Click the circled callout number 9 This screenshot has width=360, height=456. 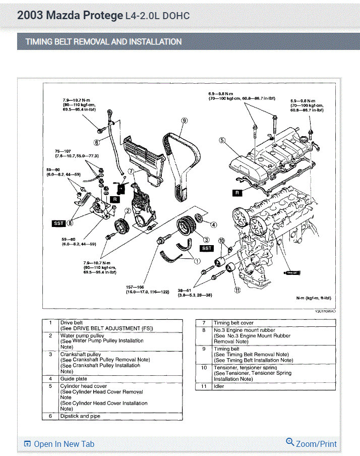[x=185, y=121]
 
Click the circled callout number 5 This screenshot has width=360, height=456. [x=222, y=141]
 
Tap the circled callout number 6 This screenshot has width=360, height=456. [x=96, y=142]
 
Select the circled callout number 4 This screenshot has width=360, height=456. [x=213, y=224]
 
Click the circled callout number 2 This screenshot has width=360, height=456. [x=128, y=211]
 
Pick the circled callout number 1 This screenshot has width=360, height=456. [x=197, y=261]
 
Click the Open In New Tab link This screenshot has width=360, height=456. [x=59, y=444]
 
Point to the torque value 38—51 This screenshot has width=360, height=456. [x=186, y=291]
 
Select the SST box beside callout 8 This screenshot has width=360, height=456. [x=59, y=223]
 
